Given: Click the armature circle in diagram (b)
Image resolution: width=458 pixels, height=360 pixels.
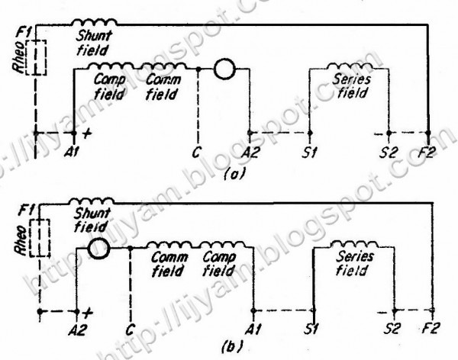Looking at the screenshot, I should click(x=97, y=249).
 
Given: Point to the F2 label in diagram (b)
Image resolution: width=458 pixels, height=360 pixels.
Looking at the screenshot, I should click(x=432, y=330).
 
